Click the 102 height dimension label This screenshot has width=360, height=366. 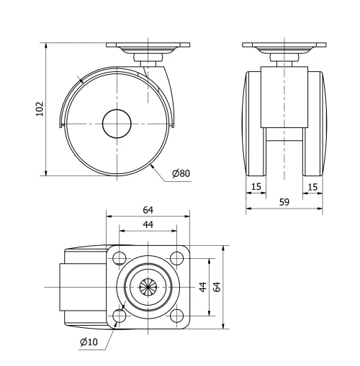pos(40,108)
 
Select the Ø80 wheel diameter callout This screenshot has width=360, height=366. pos(181,173)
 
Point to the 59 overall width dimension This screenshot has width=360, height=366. pos(284,203)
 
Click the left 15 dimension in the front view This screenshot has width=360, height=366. pos(256,188)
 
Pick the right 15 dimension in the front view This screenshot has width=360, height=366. pos(312,188)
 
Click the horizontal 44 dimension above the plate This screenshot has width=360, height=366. pos(148,224)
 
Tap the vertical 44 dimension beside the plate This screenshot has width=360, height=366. pos(204,287)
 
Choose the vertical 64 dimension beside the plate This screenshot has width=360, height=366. pos(217,287)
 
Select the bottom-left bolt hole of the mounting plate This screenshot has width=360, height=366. pos(120,315)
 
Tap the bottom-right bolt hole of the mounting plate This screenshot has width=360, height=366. pos(176,315)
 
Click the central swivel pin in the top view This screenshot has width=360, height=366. pos(148,287)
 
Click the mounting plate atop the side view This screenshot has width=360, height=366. pos(148,46)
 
